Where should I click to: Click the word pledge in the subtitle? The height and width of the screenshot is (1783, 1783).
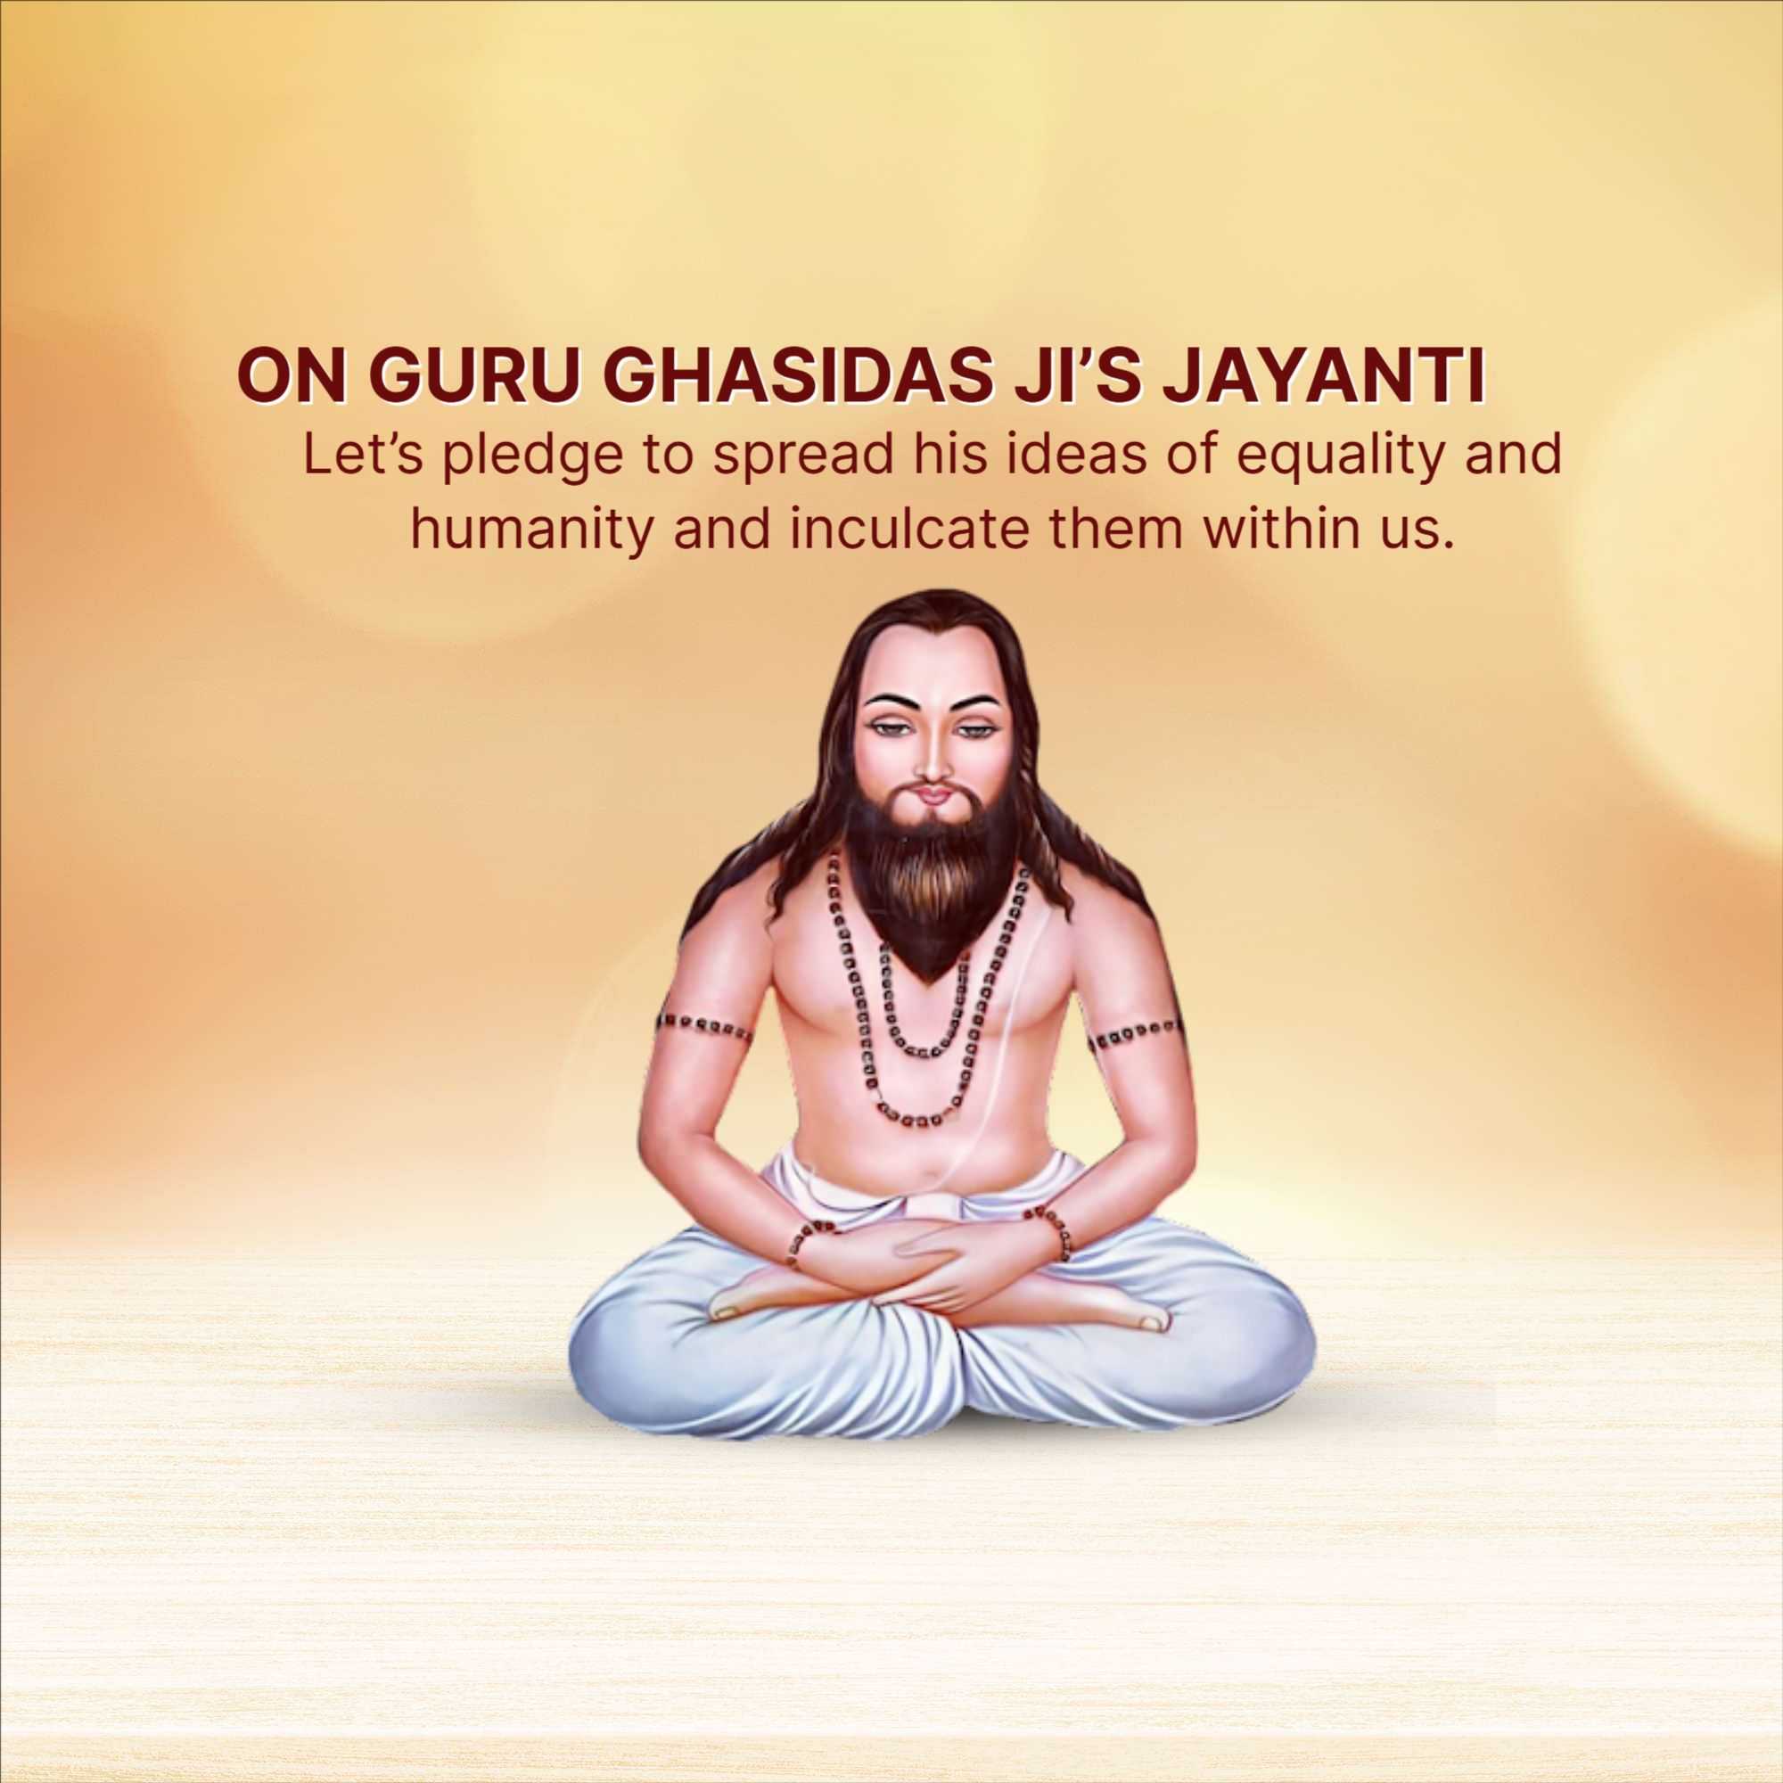click(533, 458)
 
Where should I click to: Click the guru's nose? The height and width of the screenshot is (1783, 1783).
click(933, 759)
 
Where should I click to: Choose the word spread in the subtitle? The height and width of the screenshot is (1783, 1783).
click(801, 458)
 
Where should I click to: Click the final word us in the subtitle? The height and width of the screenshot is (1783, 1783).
click(1422, 535)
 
